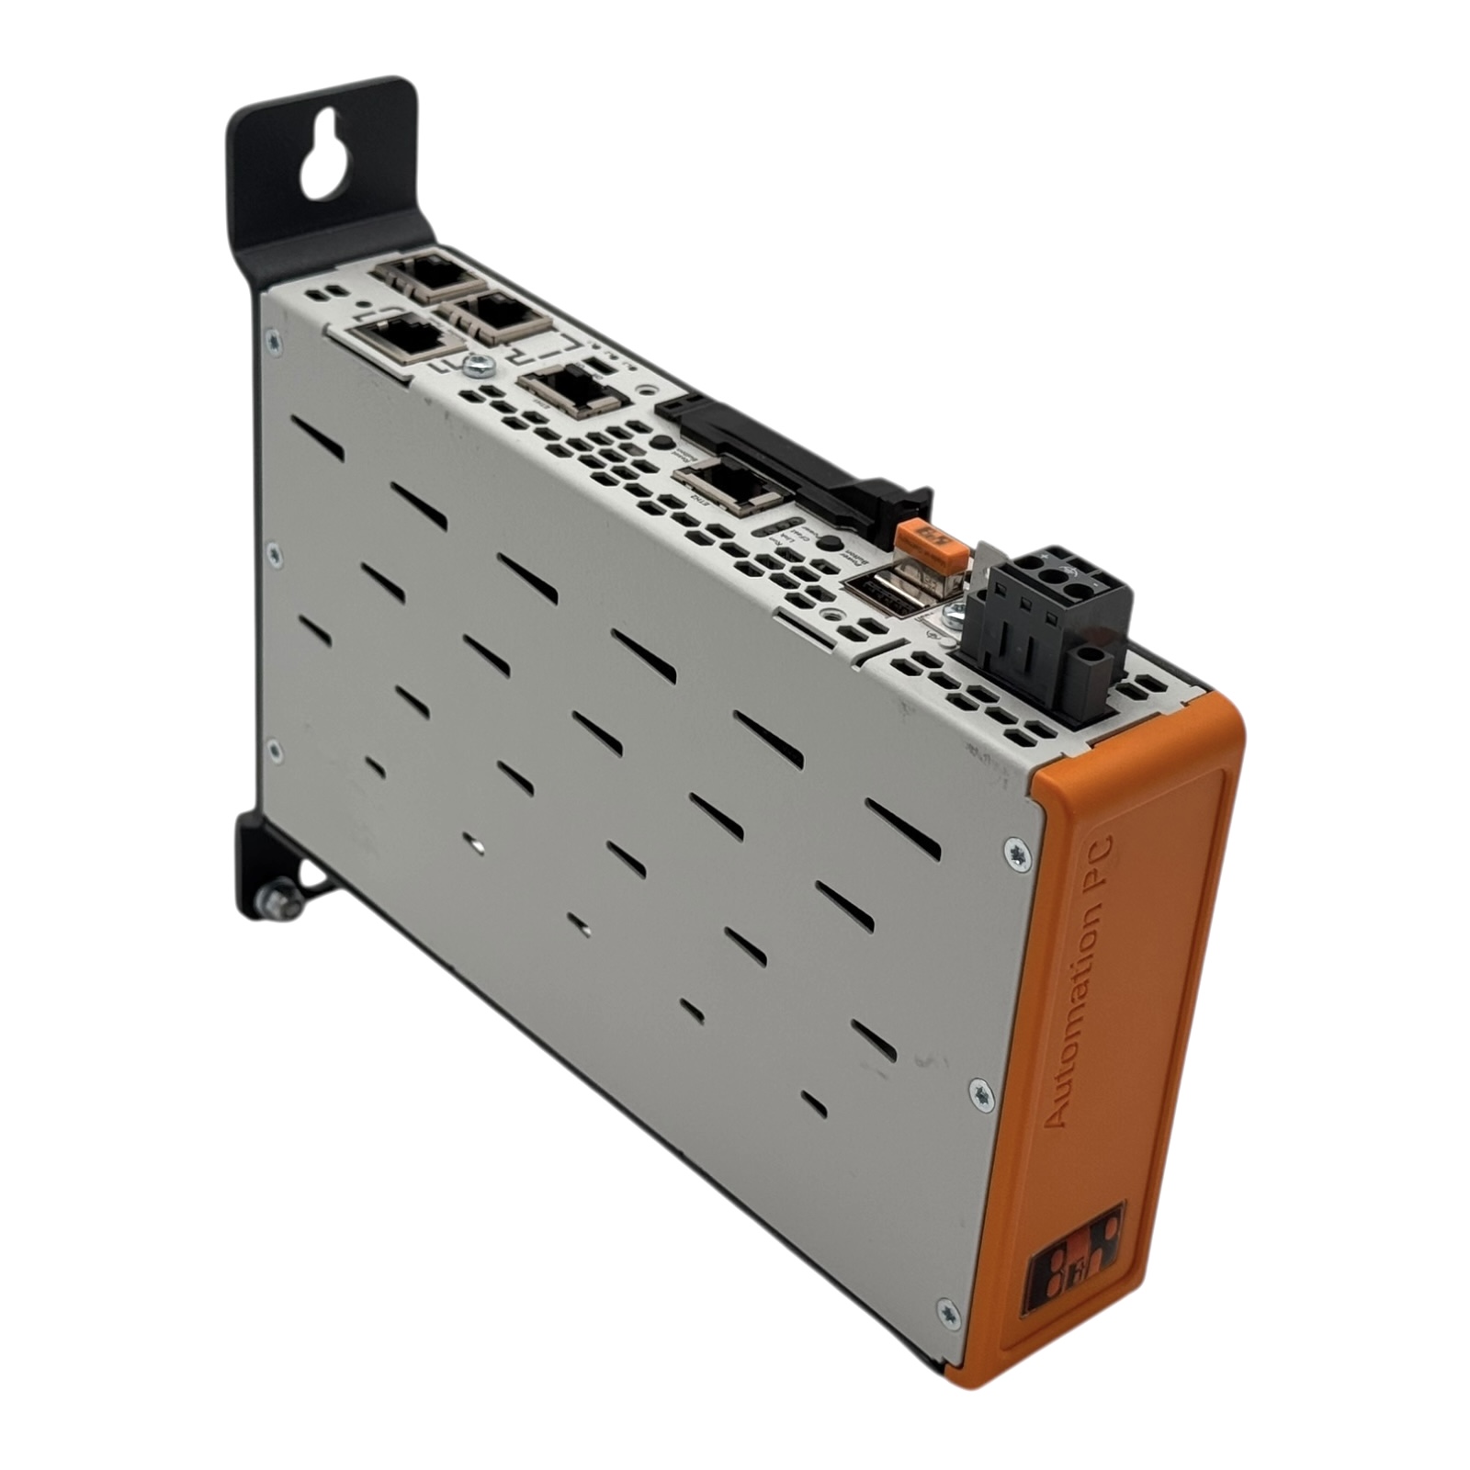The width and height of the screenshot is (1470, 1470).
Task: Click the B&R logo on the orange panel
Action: [x=1072, y=1260]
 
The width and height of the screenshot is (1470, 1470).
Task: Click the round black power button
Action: [x=830, y=542]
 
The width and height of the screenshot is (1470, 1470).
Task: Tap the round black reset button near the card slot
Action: [x=661, y=442]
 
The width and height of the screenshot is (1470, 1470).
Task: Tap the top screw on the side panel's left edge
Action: [x=273, y=343]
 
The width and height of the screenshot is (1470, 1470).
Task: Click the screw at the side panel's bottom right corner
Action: [x=948, y=1315]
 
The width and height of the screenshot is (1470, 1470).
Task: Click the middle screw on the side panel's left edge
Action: [x=273, y=554]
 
